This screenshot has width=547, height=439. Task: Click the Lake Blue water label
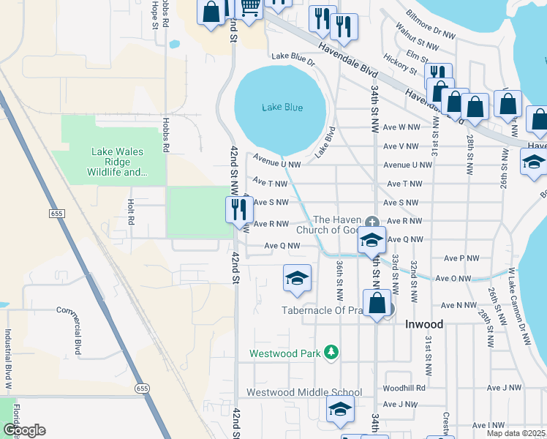click(282, 108)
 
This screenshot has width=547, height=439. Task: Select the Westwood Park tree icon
click(332, 353)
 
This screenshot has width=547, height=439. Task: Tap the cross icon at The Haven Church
click(371, 221)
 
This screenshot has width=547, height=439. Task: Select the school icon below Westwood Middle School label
click(339, 411)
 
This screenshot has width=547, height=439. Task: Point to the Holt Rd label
click(132, 212)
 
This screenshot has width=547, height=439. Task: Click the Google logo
click(24, 430)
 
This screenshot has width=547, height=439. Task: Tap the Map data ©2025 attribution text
click(516, 433)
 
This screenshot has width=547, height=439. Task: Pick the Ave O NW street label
click(453, 278)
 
